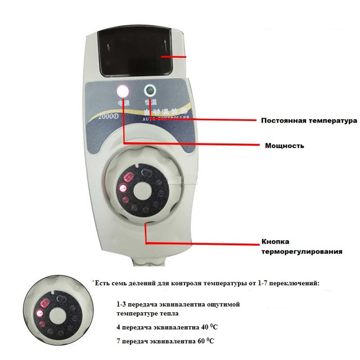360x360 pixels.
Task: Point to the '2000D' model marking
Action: [106, 116]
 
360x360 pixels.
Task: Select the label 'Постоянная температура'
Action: [309, 121]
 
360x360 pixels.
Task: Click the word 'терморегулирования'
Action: [301, 251]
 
